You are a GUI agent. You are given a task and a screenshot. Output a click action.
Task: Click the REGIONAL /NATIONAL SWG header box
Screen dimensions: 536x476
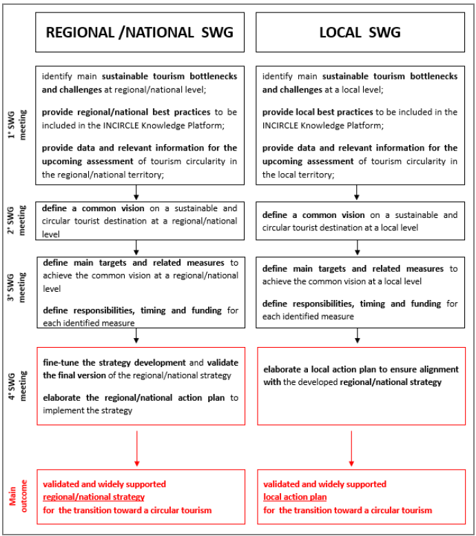(x=139, y=32)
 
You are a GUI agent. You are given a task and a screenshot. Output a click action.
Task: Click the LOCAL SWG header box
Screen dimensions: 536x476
(x=360, y=32)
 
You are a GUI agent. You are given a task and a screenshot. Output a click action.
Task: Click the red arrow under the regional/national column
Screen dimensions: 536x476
(x=138, y=448)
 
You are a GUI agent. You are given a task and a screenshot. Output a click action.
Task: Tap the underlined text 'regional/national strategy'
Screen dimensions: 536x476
(x=94, y=497)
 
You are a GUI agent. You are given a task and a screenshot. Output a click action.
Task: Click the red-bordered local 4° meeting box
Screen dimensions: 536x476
(x=360, y=386)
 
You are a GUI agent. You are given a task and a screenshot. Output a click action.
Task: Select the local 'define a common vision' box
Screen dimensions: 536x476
(x=360, y=220)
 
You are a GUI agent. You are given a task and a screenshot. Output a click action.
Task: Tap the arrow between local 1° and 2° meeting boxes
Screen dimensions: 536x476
(x=357, y=192)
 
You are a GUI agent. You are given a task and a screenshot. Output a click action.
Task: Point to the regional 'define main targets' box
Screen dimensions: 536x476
(x=139, y=291)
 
